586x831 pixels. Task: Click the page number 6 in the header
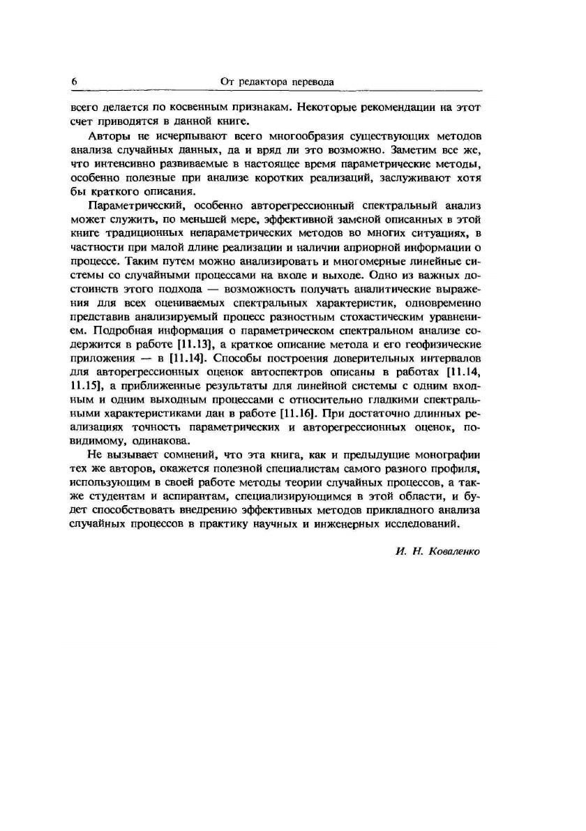click(73, 82)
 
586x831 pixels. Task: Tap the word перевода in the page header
click(313, 82)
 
